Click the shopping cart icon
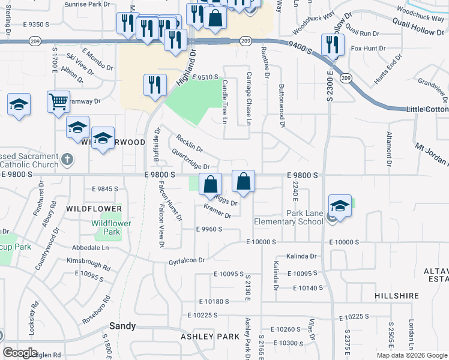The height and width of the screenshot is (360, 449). pyautogui.click(x=58, y=101)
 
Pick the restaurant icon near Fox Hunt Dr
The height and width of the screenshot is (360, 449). pyautogui.click(x=332, y=44)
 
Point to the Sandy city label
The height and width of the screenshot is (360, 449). pyautogui.click(x=122, y=326)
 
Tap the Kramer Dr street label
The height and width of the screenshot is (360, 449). pyautogui.click(x=217, y=211)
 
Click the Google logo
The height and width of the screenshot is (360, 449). pyautogui.click(x=20, y=353)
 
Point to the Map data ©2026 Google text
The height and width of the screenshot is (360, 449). pyautogui.click(x=412, y=355)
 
